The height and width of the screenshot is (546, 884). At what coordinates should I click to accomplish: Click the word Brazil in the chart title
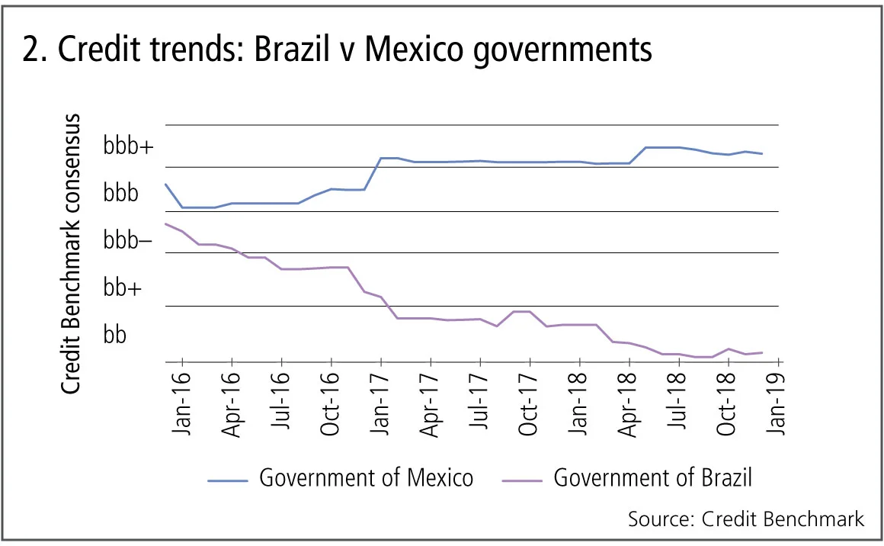(293, 49)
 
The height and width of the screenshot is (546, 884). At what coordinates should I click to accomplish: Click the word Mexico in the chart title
(423, 49)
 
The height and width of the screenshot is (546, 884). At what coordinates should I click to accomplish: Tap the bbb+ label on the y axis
(127, 146)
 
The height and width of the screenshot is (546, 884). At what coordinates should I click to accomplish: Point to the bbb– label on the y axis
(127, 240)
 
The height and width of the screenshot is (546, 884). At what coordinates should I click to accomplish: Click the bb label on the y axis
(115, 335)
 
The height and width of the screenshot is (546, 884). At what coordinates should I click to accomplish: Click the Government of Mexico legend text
(366, 478)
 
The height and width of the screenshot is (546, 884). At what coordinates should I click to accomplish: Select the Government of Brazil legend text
(652, 478)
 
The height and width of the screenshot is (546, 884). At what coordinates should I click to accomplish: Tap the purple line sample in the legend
(523, 480)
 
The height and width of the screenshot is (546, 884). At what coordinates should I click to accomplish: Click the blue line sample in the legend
(228, 480)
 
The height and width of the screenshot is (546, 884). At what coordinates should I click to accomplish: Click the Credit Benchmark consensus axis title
(70, 254)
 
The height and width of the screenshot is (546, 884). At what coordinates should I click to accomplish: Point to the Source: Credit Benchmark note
(746, 519)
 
